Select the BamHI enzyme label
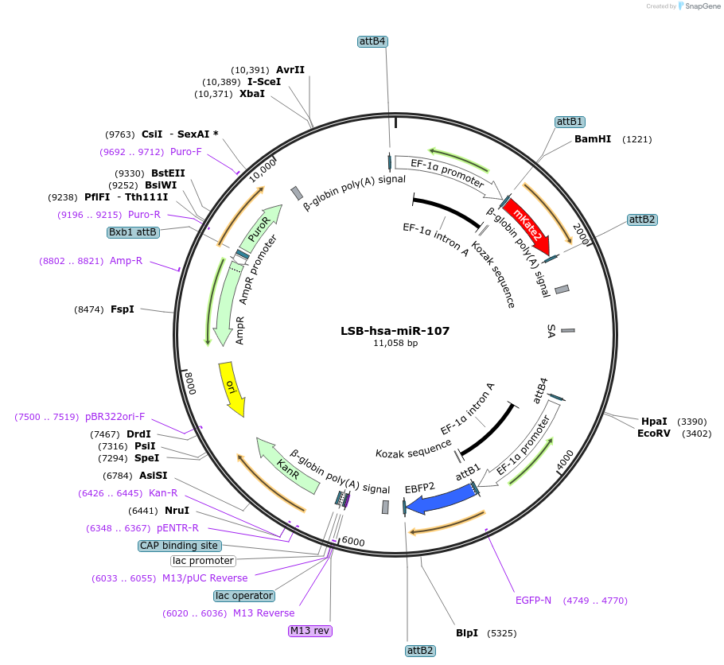pos(593,139)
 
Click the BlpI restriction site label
pos(467,633)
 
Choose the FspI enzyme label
pos(123,309)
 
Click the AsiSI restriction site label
pos(153,476)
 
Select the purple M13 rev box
pos(310,631)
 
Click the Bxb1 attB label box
pos(134,232)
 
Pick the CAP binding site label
pos(179,546)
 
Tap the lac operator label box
pos(244,596)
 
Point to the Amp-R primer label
pos(127,260)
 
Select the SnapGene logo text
pos(701,6)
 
